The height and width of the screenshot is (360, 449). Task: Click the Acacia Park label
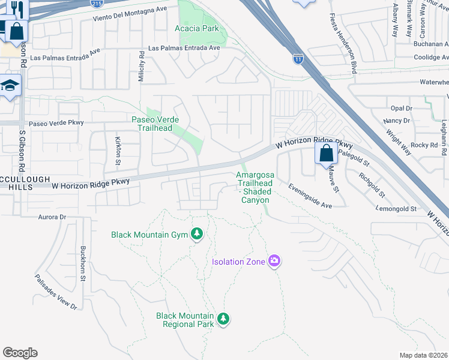[x=196, y=28]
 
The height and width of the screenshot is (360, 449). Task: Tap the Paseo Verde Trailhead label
[x=152, y=124]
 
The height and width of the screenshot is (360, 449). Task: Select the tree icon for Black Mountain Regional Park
[x=223, y=319]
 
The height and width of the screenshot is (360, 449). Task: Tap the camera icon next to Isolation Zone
[x=274, y=261]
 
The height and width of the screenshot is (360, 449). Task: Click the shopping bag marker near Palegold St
[x=325, y=153]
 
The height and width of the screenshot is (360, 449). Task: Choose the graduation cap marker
[x=10, y=86]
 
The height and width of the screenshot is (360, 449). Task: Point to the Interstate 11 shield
[x=298, y=58]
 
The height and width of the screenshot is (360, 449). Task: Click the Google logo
[x=20, y=353]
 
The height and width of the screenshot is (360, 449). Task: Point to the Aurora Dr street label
[x=51, y=217]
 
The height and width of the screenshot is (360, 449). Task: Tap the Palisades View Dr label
[x=56, y=292]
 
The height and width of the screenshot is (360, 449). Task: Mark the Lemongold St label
[x=397, y=208]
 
